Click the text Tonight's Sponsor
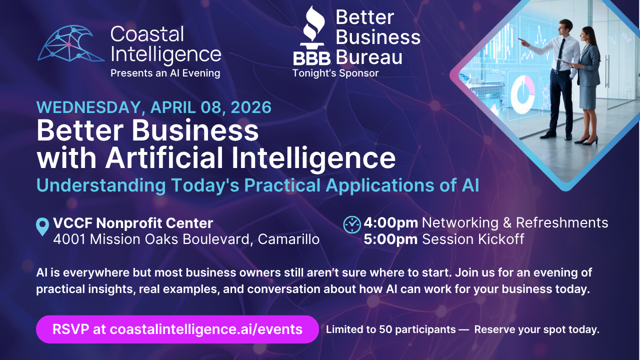335,73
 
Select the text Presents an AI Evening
165,73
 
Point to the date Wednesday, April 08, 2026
154,107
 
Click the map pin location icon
43,226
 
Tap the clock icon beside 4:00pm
352,224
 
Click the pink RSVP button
177,329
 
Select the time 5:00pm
390,239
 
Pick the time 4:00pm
390,222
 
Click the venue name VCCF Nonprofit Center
133,223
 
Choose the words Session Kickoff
473,239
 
